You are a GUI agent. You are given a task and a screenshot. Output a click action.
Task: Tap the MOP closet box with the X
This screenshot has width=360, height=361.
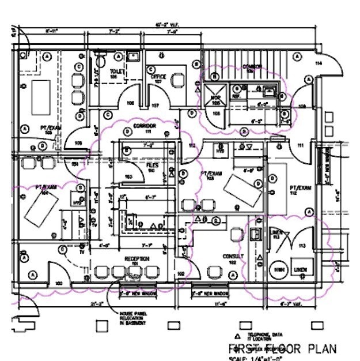point(215,92)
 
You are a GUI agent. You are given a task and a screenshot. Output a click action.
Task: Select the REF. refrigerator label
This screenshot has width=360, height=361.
point(236,97)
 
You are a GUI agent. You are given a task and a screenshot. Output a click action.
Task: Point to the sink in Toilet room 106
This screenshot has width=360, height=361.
point(132,57)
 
